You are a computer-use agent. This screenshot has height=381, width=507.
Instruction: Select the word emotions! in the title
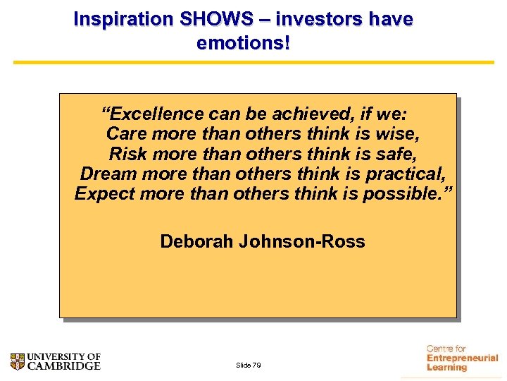click(244, 43)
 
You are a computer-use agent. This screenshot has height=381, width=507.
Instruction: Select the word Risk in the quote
click(128, 154)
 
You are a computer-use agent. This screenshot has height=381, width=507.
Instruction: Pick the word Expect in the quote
click(104, 193)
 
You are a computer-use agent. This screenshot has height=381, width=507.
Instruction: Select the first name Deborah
click(196, 241)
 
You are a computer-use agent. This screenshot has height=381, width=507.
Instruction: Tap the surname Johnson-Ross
click(302, 241)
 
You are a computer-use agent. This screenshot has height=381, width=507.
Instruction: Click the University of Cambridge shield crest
click(18, 361)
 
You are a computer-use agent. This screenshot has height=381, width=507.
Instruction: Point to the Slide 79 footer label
click(249, 365)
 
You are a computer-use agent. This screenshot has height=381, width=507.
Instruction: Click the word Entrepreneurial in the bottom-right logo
click(462, 358)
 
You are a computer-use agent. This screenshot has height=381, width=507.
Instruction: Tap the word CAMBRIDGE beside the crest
click(64, 366)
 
